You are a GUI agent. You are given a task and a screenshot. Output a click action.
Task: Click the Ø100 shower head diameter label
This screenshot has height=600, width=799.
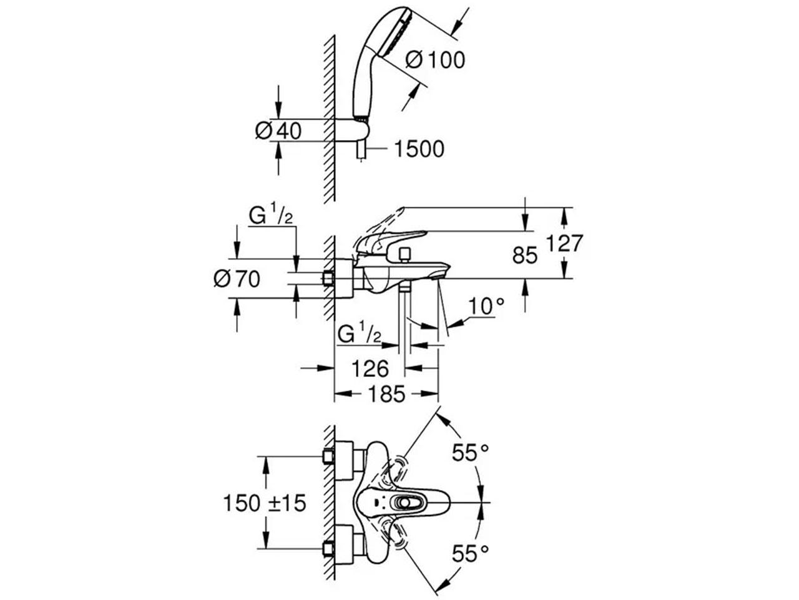(x=434, y=60)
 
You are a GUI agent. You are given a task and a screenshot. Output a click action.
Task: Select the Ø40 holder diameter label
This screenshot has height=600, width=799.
(x=278, y=130)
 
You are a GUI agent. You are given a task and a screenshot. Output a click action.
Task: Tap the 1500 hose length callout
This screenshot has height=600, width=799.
(x=419, y=149)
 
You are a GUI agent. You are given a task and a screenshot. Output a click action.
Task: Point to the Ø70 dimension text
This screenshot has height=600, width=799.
(x=237, y=279)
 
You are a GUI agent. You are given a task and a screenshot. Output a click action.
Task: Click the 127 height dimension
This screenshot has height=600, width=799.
(x=564, y=242)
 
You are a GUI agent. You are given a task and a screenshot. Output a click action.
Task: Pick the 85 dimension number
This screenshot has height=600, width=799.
(x=524, y=255)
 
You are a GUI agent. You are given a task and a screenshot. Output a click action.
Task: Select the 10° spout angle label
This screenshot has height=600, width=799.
(x=486, y=306)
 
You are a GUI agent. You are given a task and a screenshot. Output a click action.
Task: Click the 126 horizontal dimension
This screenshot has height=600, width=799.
(x=370, y=369)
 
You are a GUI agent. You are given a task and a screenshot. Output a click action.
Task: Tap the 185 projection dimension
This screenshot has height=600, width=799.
(x=386, y=394)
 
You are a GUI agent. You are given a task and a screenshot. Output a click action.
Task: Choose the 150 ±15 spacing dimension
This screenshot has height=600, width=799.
(x=265, y=503)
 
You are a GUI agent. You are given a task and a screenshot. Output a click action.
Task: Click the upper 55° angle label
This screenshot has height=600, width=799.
(x=470, y=453)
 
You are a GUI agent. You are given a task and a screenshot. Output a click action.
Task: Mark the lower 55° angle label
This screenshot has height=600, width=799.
(x=470, y=554)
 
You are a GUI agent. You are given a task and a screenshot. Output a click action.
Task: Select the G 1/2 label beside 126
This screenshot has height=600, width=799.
(x=360, y=332)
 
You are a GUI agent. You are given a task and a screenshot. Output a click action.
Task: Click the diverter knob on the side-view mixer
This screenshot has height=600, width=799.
(x=404, y=255)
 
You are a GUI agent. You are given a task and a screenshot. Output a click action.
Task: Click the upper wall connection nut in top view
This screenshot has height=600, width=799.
(x=328, y=456)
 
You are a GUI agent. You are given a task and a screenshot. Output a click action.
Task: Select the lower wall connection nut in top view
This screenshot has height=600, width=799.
(x=328, y=559)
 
